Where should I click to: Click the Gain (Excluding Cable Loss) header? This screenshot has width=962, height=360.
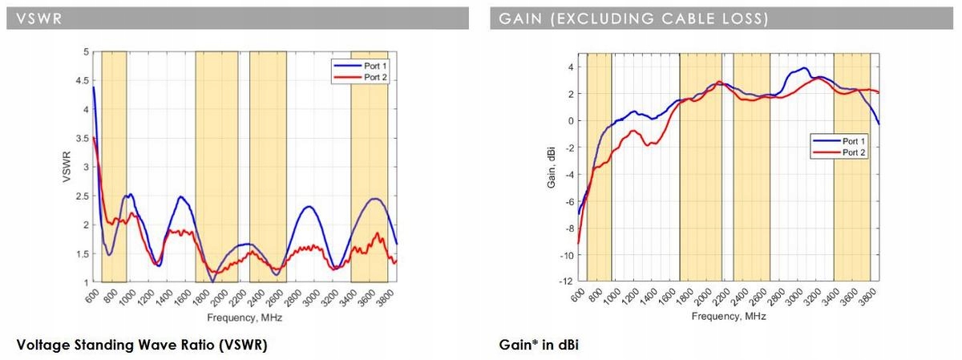pos(633,18)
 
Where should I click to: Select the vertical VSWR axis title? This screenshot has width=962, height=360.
pos(67,168)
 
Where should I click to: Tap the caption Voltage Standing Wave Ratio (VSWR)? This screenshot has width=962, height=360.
pos(141,346)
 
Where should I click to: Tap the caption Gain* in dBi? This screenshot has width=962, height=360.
pos(538,346)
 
